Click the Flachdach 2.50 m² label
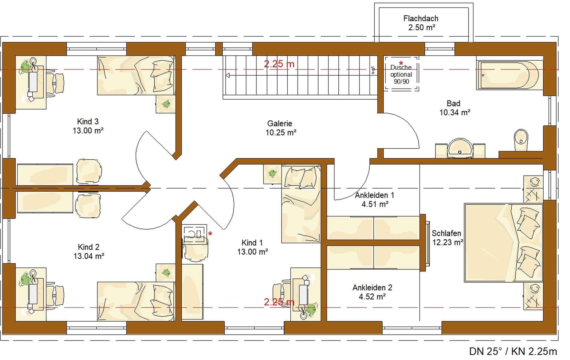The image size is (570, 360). (x=421, y=23)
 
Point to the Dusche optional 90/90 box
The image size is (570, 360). (x=401, y=74)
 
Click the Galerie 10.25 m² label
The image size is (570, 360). (x=280, y=128)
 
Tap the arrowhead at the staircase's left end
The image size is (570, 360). (x=228, y=75)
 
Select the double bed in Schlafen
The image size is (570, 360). (x=503, y=243)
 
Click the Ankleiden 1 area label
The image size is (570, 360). (x=374, y=199)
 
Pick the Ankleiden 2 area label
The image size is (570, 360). (x=372, y=292)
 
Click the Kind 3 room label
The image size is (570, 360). (x=88, y=126)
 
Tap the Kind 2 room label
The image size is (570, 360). (x=88, y=251)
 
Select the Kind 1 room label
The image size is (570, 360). (x=252, y=247)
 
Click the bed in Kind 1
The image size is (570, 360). (x=301, y=203)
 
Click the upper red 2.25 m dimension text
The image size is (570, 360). (x=279, y=64)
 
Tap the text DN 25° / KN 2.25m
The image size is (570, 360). (x=513, y=351)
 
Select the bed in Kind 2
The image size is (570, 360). (x=136, y=301)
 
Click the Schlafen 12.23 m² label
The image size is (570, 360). (x=447, y=238)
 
